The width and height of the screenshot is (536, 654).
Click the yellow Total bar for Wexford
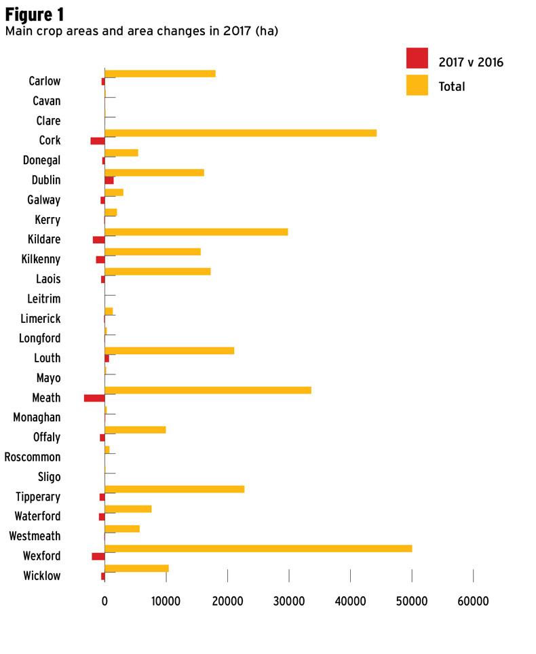[258, 548]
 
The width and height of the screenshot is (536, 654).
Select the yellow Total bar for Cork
[240, 133]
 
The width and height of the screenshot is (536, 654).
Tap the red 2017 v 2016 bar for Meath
[94, 398]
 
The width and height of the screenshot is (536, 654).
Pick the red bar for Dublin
[109, 180]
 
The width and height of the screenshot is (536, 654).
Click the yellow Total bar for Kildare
[196, 231]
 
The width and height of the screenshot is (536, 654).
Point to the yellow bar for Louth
[169, 350]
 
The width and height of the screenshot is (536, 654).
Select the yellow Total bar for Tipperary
[174, 488]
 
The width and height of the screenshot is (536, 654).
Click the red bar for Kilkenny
[100, 259]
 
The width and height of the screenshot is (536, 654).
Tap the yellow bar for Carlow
[160, 73]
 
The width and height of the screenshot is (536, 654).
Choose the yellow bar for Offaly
[135, 429]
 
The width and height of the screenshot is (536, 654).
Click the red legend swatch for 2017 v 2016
[417, 59]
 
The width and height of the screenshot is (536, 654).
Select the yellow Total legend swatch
[417, 85]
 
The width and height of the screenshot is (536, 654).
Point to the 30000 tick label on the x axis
[288, 601]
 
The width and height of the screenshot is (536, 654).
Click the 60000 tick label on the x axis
[472, 601]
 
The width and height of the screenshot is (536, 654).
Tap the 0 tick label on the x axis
[104, 601]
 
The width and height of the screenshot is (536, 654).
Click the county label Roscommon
[33, 457]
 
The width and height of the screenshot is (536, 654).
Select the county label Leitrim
[44, 299]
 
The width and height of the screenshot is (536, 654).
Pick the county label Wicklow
[42, 576]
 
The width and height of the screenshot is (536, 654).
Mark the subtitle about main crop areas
[141, 31]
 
